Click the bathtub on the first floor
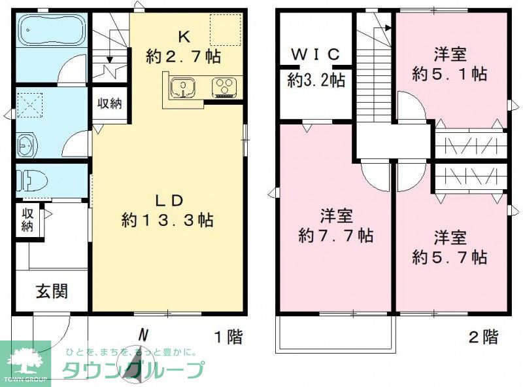click(x=50, y=32)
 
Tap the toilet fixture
click(x=29, y=179)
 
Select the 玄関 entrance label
click(x=51, y=291)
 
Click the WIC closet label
click(x=316, y=55)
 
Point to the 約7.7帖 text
click(x=336, y=236)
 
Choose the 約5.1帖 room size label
click(x=449, y=74)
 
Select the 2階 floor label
click(x=484, y=337)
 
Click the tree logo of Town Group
click(x=24, y=359)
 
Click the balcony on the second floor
click(x=335, y=332)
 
